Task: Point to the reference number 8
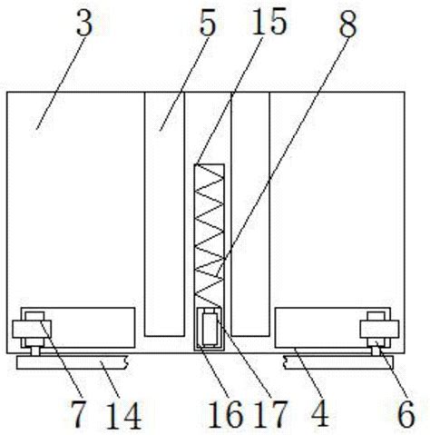click(347, 25)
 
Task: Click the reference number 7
click(78, 413)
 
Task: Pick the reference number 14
click(124, 416)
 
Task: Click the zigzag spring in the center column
click(209, 235)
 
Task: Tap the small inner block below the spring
click(210, 329)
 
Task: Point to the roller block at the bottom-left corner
click(32, 329)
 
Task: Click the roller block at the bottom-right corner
click(379, 329)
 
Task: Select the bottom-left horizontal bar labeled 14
click(73, 362)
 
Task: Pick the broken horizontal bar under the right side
click(338, 362)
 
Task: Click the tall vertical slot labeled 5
click(164, 214)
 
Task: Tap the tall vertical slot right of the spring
click(250, 214)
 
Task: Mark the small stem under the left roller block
click(35, 351)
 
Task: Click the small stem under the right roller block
click(376, 351)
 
